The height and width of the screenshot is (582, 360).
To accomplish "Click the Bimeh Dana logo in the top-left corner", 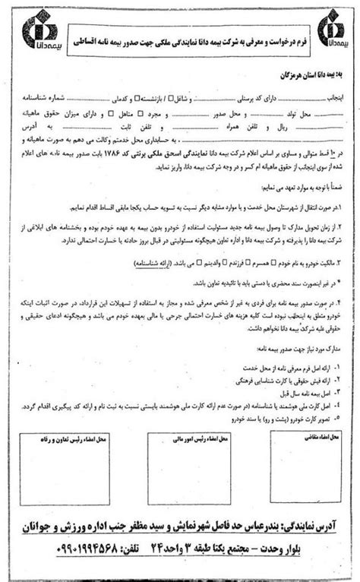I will click(39, 34).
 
